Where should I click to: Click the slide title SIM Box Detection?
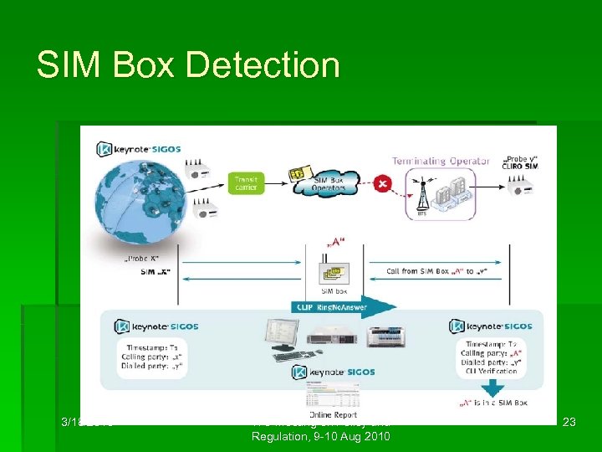point(188,65)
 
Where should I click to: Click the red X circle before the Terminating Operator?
point(382,182)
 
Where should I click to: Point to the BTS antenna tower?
point(421,198)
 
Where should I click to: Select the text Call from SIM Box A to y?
point(435,272)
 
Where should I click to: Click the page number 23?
point(569,424)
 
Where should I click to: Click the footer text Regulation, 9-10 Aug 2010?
point(321,438)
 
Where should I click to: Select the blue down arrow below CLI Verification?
point(492,387)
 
